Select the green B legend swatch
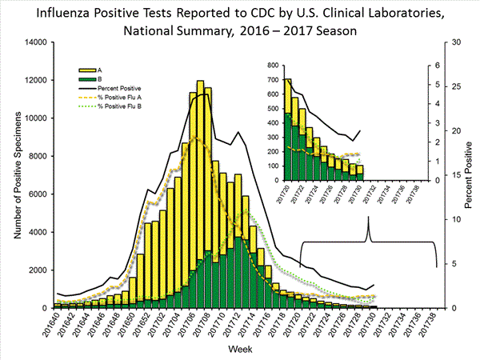click(x=82, y=78)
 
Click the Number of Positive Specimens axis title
click(x=14, y=174)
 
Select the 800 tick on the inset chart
click(x=273, y=65)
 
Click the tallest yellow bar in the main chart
click(x=200, y=192)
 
